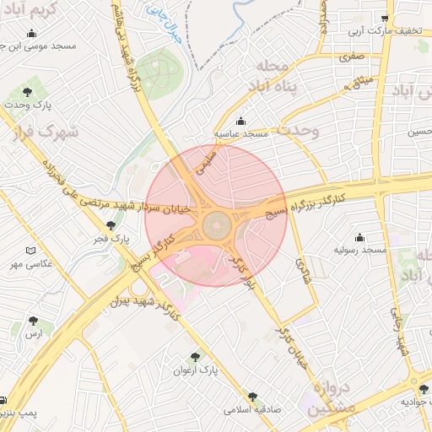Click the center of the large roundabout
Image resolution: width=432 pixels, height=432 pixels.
(x=216, y=225)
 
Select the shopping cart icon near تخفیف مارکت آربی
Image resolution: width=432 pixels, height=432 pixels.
(x=385, y=18)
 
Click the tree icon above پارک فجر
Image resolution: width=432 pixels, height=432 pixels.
(x=111, y=225)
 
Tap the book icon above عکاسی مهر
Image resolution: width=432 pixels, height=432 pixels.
(x=31, y=251)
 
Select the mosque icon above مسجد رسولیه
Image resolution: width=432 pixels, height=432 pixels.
(x=360, y=237)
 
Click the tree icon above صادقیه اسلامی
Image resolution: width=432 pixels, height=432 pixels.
(x=251, y=396)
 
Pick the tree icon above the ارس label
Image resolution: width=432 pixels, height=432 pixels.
(x=34, y=321)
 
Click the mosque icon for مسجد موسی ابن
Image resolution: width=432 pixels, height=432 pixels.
(x=31, y=34)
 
